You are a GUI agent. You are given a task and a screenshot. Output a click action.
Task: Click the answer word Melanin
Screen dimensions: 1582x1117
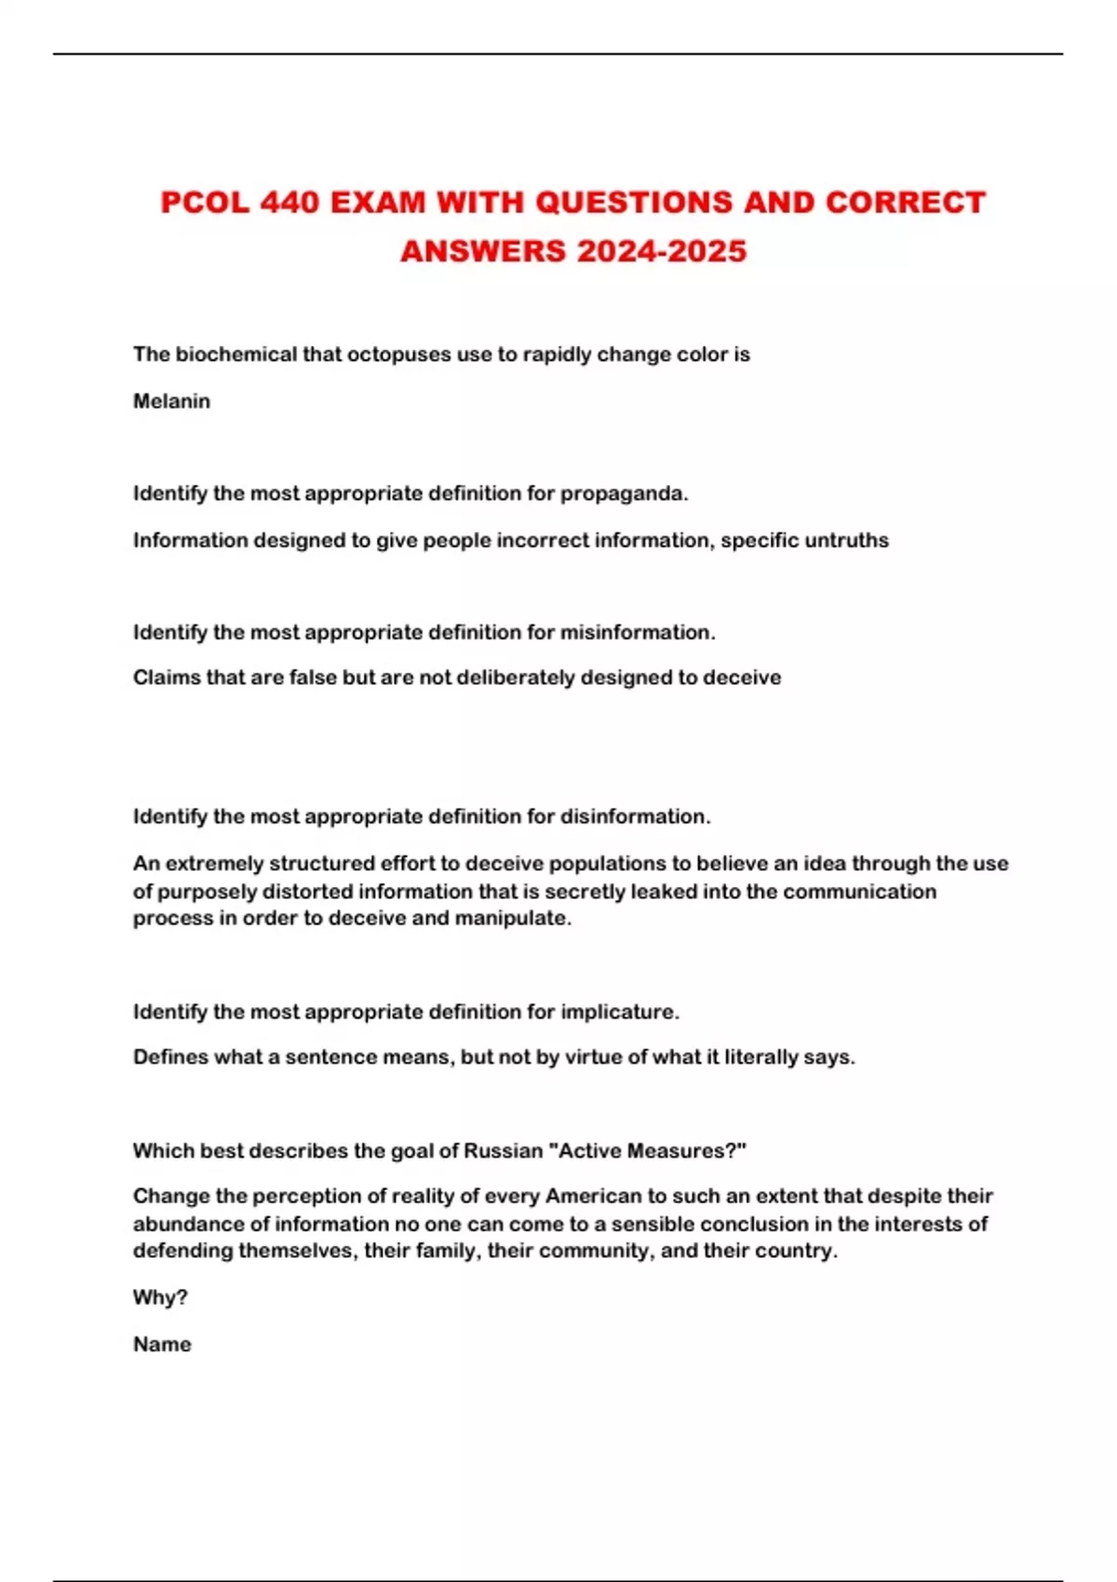[x=171, y=401]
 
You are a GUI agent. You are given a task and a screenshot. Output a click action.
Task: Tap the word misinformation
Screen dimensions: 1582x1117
[x=637, y=632]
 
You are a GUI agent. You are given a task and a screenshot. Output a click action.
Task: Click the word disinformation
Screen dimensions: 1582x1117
[x=635, y=816]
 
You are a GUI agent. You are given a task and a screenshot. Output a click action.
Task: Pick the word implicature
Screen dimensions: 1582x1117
[x=619, y=1012]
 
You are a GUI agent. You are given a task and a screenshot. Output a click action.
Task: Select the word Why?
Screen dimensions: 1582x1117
[x=160, y=1297]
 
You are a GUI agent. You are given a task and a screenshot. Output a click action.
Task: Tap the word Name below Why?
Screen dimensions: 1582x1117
[x=162, y=1344]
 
